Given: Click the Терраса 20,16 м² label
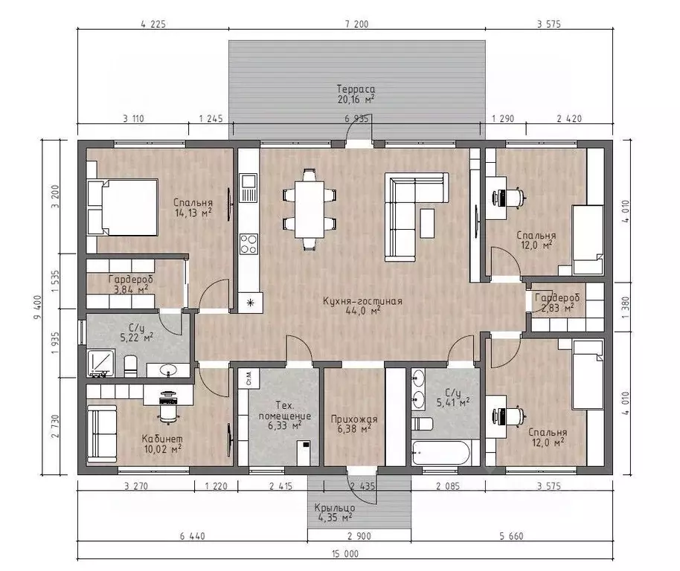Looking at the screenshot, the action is click(356, 94).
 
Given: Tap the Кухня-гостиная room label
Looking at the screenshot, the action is click(362, 300).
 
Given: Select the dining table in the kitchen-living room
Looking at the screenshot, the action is click(309, 209).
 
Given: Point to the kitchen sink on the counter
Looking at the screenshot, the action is click(249, 187).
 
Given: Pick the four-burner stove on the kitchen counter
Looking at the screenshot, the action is click(249, 244).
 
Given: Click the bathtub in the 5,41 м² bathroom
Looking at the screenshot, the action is click(440, 453).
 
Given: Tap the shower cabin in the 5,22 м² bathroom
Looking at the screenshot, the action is click(101, 363).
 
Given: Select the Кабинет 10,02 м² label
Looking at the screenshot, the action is click(162, 444).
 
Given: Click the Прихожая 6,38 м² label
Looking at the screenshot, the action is click(354, 424).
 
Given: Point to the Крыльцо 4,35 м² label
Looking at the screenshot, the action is click(334, 512).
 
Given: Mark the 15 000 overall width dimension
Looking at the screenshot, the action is click(345, 554).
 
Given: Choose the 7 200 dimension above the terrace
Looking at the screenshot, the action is click(357, 24).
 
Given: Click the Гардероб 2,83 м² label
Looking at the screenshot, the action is click(556, 303).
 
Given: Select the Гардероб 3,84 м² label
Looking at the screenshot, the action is click(130, 284).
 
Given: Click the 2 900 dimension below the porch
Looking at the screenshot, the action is click(359, 536).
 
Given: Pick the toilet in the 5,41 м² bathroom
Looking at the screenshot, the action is click(422, 424).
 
